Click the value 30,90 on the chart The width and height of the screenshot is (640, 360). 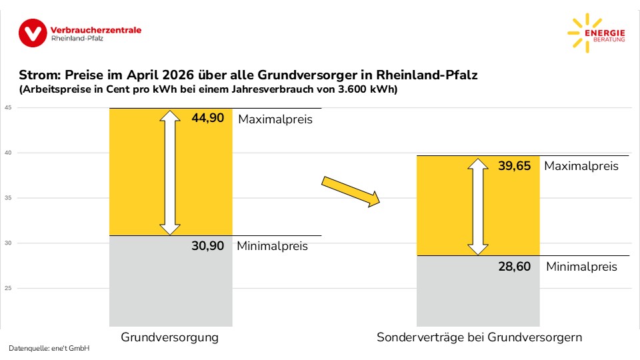click(x=207, y=245)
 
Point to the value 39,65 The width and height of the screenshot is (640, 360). click(x=514, y=166)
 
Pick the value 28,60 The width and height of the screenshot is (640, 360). click(x=514, y=267)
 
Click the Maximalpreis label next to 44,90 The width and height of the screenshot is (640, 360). click(x=275, y=119)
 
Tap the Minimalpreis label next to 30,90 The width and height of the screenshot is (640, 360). click(x=273, y=246)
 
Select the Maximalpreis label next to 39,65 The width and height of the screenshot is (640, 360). click(x=581, y=166)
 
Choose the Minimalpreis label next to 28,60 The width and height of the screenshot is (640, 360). click(x=581, y=267)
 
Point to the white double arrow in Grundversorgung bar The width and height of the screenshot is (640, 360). click(x=171, y=173)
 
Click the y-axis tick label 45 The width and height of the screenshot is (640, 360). click(x=8, y=108)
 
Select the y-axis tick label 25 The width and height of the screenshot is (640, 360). click(x=8, y=288)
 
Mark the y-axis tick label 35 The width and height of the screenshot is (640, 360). click(x=8, y=198)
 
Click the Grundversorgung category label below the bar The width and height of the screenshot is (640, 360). click(x=170, y=337)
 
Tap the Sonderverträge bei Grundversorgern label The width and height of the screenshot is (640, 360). click(x=479, y=337)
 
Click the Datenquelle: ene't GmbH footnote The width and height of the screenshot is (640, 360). click(x=49, y=349)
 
